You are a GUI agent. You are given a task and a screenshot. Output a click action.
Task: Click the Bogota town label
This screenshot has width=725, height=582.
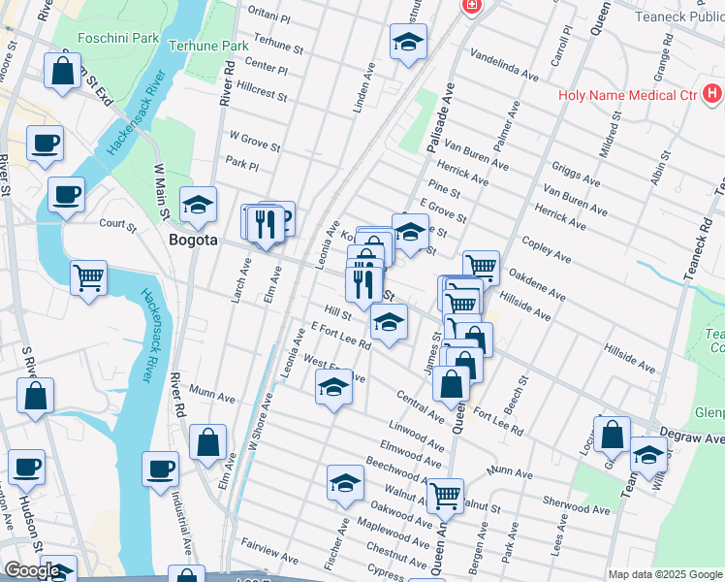point(194,240)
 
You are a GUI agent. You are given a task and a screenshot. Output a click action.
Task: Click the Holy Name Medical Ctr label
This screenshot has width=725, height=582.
point(627,95)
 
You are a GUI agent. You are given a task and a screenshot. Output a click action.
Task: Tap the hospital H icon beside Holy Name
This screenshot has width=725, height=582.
point(713,95)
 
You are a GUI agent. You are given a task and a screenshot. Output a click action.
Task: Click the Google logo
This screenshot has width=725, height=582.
point(31,570)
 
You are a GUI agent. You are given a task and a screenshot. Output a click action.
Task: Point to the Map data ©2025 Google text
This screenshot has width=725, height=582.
point(665,574)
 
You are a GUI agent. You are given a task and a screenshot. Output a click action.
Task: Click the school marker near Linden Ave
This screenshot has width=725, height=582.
point(408,42)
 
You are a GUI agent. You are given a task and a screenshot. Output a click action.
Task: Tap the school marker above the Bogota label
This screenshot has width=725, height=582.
point(198,205)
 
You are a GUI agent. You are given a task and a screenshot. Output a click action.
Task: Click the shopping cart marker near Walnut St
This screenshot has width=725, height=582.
point(445,496)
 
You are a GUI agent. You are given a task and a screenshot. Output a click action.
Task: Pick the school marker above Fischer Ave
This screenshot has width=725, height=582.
point(345,483)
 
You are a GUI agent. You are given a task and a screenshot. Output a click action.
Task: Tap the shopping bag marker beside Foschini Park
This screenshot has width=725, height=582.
point(62,71)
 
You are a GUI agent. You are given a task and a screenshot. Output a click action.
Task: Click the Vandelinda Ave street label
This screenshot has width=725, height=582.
point(504,63)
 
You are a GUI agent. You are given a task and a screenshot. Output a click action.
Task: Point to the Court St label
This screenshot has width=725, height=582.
point(118,223)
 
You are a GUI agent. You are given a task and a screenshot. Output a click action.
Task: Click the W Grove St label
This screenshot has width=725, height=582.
point(254,143)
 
